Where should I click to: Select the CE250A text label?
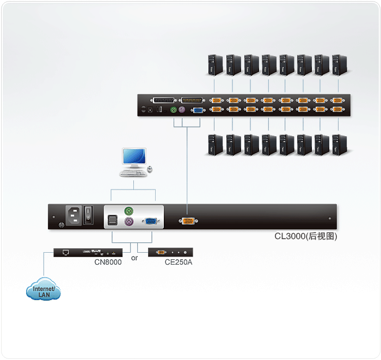(179, 263)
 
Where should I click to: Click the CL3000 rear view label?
(305, 237)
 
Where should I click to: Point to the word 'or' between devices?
(134, 258)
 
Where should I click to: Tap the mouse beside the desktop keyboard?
(149, 170)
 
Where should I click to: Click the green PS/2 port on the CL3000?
(129, 210)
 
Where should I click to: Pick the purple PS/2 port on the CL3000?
(129, 222)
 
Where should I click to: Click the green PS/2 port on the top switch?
(174, 109)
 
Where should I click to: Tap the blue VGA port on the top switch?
(198, 109)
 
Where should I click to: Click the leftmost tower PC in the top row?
(215, 65)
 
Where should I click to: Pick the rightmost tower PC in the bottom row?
(339, 145)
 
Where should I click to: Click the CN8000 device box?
(88, 252)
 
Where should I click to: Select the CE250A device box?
(170, 252)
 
